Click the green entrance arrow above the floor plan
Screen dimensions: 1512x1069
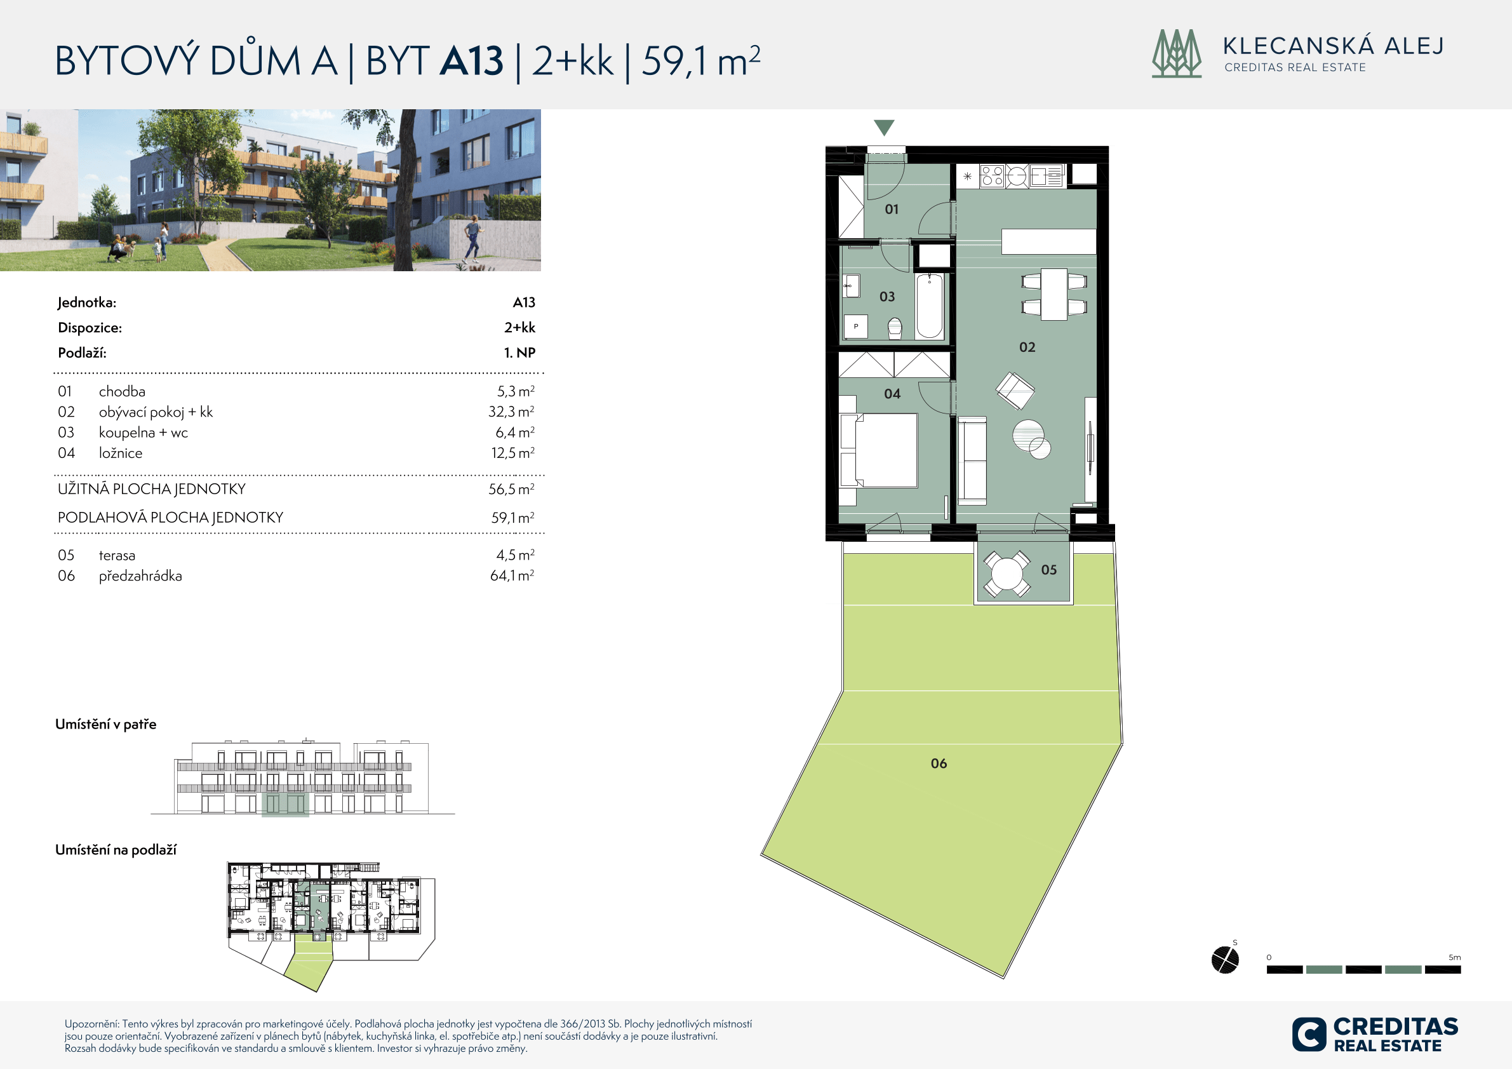pyautogui.click(x=884, y=127)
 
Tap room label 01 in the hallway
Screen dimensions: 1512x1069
pyautogui.click(x=892, y=210)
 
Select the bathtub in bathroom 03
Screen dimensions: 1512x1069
pyautogui.click(x=929, y=306)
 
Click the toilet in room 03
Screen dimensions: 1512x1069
pyautogui.click(x=895, y=328)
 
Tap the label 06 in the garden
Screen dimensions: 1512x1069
pyautogui.click(x=939, y=763)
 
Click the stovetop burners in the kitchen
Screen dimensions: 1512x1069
pyautogui.click(x=992, y=176)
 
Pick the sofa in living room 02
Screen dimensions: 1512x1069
pyautogui.click(x=972, y=461)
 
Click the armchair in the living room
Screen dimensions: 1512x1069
pyautogui.click(x=1015, y=390)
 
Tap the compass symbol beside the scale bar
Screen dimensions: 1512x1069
pyautogui.click(x=1225, y=960)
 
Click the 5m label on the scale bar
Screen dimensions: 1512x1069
pyautogui.click(x=1454, y=957)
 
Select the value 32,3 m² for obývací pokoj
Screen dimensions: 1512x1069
pyautogui.click(x=511, y=412)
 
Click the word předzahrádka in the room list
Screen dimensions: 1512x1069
pyautogui.click(x=140, y=575)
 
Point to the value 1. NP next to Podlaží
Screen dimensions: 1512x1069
pyautogui.click(x=519, y=353)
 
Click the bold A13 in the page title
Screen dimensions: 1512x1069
pyautogui.click(x=472, y=60)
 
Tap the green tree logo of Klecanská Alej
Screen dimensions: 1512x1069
pyautogui.click(x=1177, y=53)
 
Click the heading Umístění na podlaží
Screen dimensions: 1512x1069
pyautogui.click(x=116, y=850)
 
